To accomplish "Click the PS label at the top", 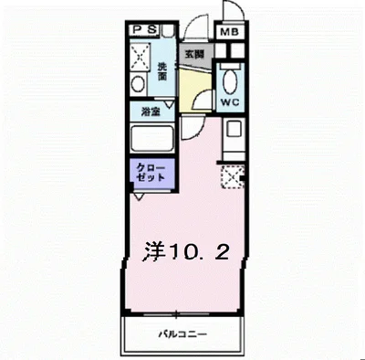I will click(143, 29).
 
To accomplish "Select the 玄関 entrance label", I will click(193, 54).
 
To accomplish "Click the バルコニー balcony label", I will click(182, 334).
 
